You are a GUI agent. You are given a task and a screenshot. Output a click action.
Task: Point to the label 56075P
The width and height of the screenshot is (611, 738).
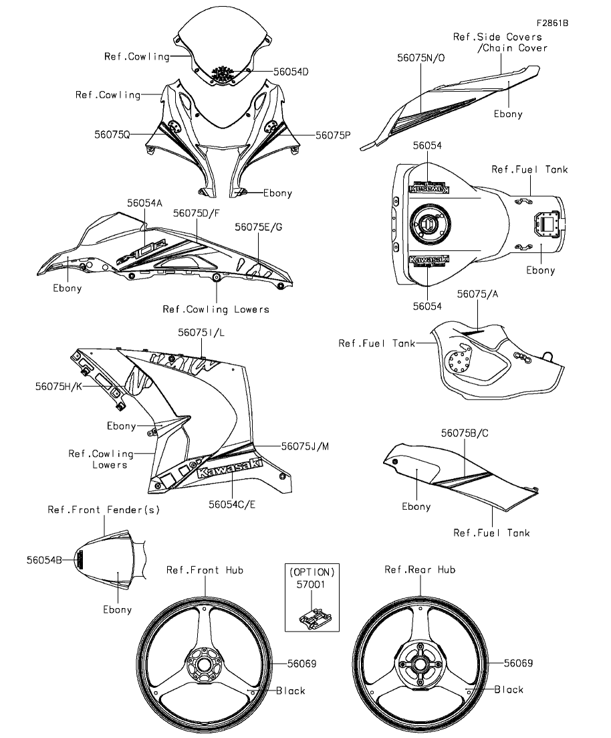pyautogui.click(x=333, y=134)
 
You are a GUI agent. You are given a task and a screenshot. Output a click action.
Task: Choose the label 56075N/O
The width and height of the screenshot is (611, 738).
pyautogui.click(x=420, y=58)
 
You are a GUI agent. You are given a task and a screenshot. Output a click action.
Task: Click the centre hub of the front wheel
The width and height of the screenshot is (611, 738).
pyautogui.click(x=204, y=664)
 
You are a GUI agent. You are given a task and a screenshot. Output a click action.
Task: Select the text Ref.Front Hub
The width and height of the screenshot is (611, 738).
pyautogui.click(x=205, y=570)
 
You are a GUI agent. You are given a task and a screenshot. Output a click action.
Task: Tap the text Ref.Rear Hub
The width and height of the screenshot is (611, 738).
pyautogui.click(x=420, y=569)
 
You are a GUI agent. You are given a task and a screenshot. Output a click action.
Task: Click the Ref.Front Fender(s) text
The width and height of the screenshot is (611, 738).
pyautogui.click(x=104, y=510)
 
